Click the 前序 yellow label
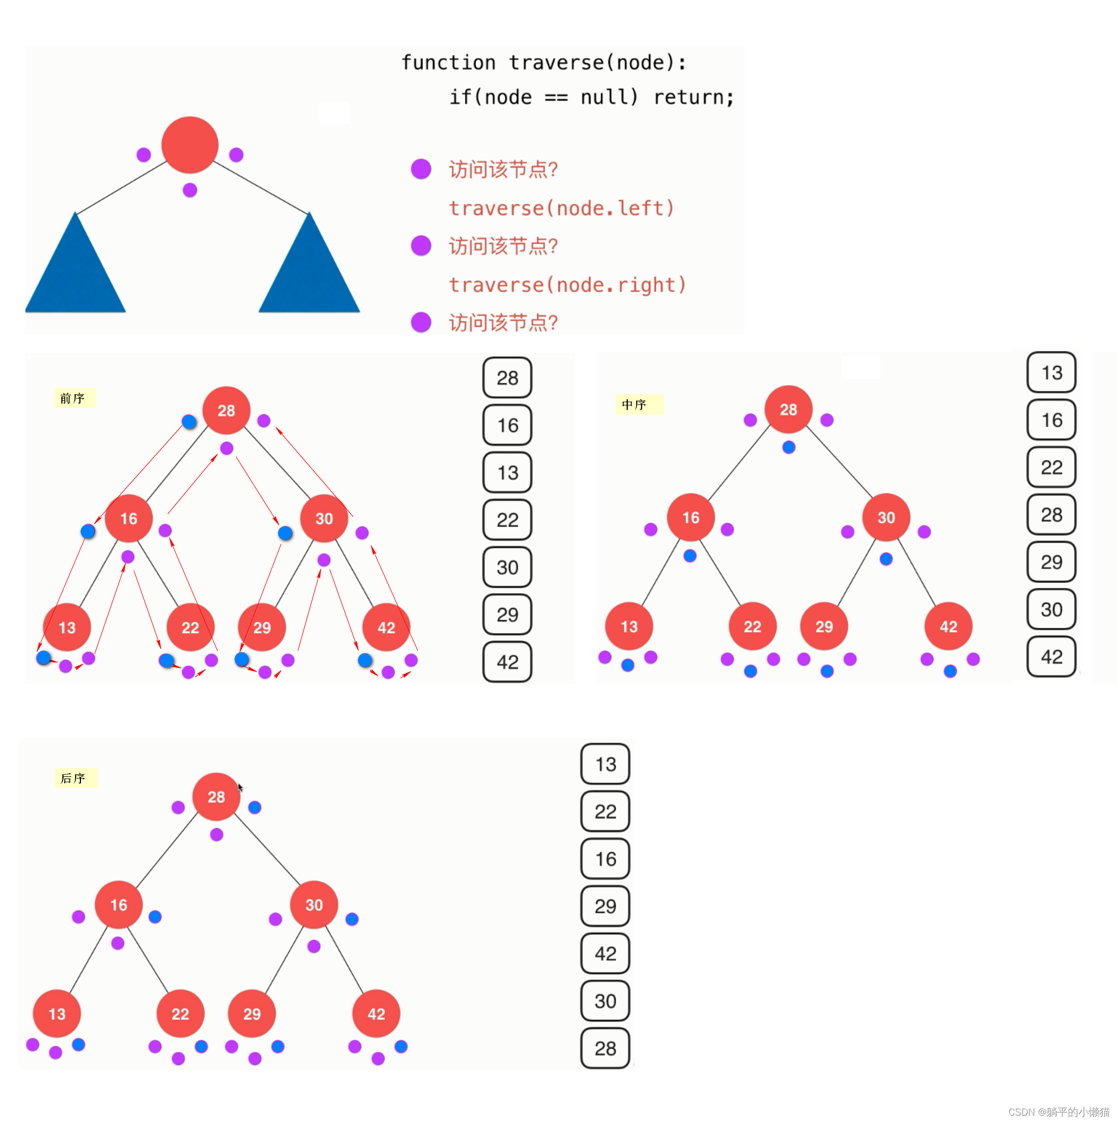pyautogui.click(x=73, y=399)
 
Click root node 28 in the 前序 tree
pyautogui.click(x=226, y=411)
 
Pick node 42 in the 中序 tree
pyautogui.click(x=949, y=627)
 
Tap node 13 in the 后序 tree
pyautogui.click(x=57, y=1014)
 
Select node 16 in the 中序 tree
pyautogui.click(x=691, y=518)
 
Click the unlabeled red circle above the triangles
pyautogui.click(x=190, y=145)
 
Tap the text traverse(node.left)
pyautogui.click(x=562, y=208)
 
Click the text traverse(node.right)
pyautogui.click(x=567, y=285)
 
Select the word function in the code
pyautogui.click(x=448, y=62)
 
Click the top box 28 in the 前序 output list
pyautogui.click(x=507, y=378)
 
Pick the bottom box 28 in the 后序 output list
pyautogui.click(x=605, y=1048)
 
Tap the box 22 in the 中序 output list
pyautogui.click(x=1051, y=467)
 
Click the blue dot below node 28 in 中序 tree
pyautogui.click(x=789, y=447)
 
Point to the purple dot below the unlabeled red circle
pyautogui.click(x=190, y=190)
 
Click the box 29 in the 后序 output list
pyautogui.click(x=605, y=906)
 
